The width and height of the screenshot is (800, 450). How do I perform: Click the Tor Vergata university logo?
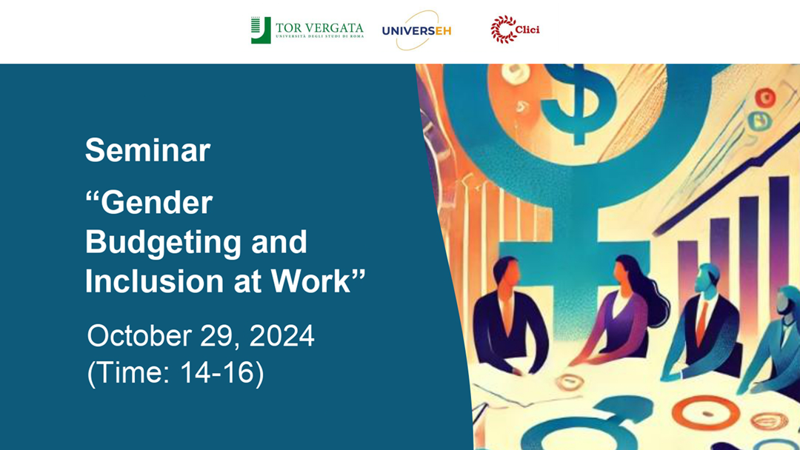click(307, 30)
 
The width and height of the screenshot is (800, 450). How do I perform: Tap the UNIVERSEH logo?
click(417, 30)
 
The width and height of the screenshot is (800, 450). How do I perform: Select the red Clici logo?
click(514, 29)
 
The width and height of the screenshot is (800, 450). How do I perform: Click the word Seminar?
click(147, 150)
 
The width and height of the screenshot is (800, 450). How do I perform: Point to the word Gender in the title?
click(156, 202)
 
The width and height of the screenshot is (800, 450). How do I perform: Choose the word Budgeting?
click(163, 243)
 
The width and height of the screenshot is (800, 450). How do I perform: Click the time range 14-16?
click(217, 372)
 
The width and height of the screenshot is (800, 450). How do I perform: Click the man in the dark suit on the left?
click(507, 316)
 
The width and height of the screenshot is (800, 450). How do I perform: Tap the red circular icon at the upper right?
click(764, 98)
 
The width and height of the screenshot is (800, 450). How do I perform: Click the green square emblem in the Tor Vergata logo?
click(260, 30)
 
